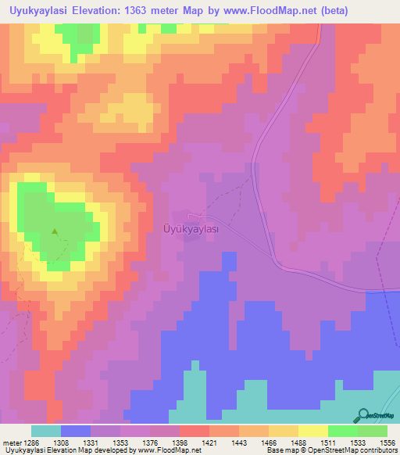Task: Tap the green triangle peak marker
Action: point(55,231)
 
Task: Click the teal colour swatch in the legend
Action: point(46,431)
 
